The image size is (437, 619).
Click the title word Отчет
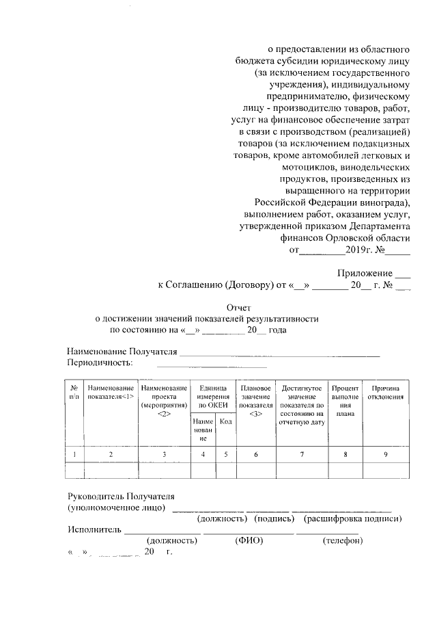pos(240,308)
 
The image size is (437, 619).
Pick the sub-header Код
pos(226,422)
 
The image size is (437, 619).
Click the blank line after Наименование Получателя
pos(279,354)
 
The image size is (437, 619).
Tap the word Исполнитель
pos(95,529)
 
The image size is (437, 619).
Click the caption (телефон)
pos(342,540)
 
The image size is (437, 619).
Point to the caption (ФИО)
pos(249,540)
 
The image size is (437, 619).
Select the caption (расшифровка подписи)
pos(352,518)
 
